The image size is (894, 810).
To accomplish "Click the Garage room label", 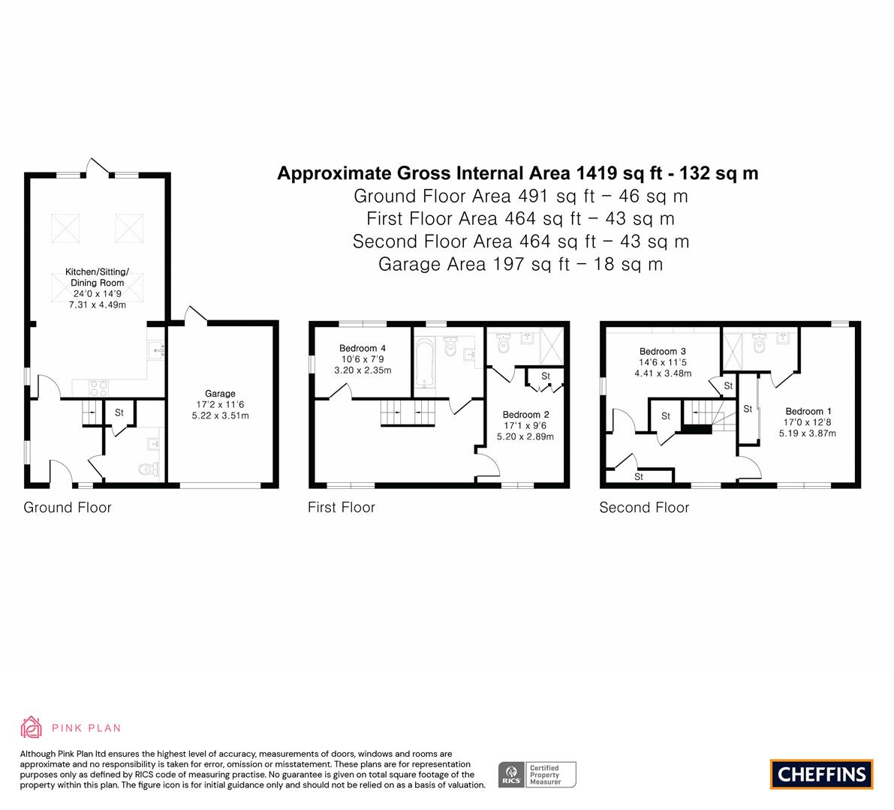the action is click(220, 394).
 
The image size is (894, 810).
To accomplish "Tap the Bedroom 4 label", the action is click(363, 348).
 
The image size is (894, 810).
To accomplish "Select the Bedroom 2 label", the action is click(525, 415).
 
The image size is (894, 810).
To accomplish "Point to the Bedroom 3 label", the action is click(663, 352).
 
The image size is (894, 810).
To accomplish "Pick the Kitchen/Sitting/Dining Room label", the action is click(97, 277).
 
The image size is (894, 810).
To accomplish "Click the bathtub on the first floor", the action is click(425, 364).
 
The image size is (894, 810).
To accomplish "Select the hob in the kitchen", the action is click(98, 388).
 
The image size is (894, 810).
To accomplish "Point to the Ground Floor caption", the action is click(68, 508).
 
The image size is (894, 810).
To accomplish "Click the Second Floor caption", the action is click(644, 508).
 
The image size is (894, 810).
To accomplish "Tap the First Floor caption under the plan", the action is click(342, 508).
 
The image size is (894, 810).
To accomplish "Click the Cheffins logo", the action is click(822, 774).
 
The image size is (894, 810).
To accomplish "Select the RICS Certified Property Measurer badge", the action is click(537, 775).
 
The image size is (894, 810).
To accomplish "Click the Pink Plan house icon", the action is click(32, 727).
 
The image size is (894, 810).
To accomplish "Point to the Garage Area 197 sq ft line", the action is click(520, 264).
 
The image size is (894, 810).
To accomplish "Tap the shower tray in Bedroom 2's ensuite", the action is click(552, 346).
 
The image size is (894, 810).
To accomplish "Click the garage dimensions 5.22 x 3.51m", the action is click(220, 415).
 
